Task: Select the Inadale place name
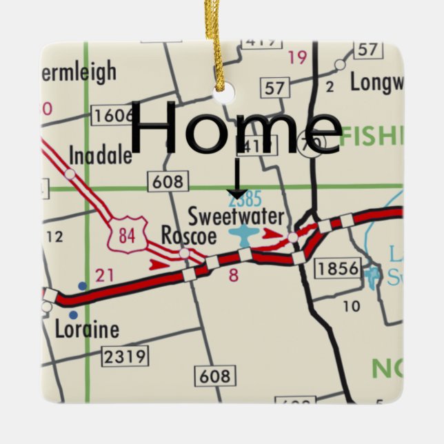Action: coord(101,154)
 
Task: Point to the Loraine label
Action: coord(88,330)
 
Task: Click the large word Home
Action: coord(234,128)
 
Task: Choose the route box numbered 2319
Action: coord(124,356)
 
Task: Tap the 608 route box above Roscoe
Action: coord(167,182)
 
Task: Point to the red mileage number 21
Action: coord(104,276)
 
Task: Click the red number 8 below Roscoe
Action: coord(233,276)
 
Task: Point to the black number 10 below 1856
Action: coord(351,305)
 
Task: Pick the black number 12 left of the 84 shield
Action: coord(54,237)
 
